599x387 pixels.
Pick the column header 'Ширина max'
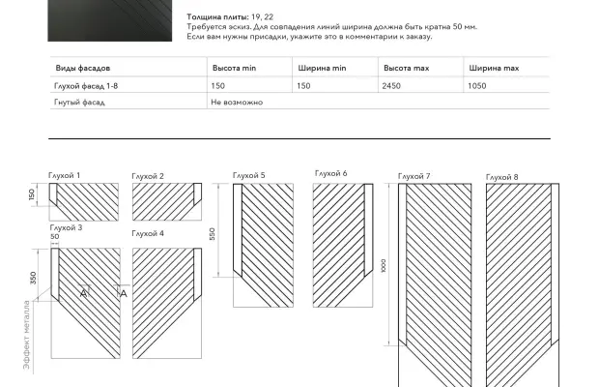[494, 70]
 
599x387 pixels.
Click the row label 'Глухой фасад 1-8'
[85, 86]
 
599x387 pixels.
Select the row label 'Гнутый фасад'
[79, 102]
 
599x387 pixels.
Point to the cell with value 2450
[393, 86]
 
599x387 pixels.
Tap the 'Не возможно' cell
[236, 102]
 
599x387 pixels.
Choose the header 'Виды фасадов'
[82, 70]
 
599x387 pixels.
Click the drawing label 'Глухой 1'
[65, 175]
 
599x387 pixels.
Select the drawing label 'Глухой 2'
[148, 176]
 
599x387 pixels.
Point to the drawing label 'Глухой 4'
[148, 234]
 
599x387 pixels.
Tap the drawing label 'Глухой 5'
[248, 175]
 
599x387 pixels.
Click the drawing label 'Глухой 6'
[330, 173]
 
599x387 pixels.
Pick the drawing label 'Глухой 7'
[414, 176]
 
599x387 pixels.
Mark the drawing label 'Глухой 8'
[501, 177]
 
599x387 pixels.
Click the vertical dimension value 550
[213, 233]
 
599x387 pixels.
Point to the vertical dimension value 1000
[384, 266]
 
